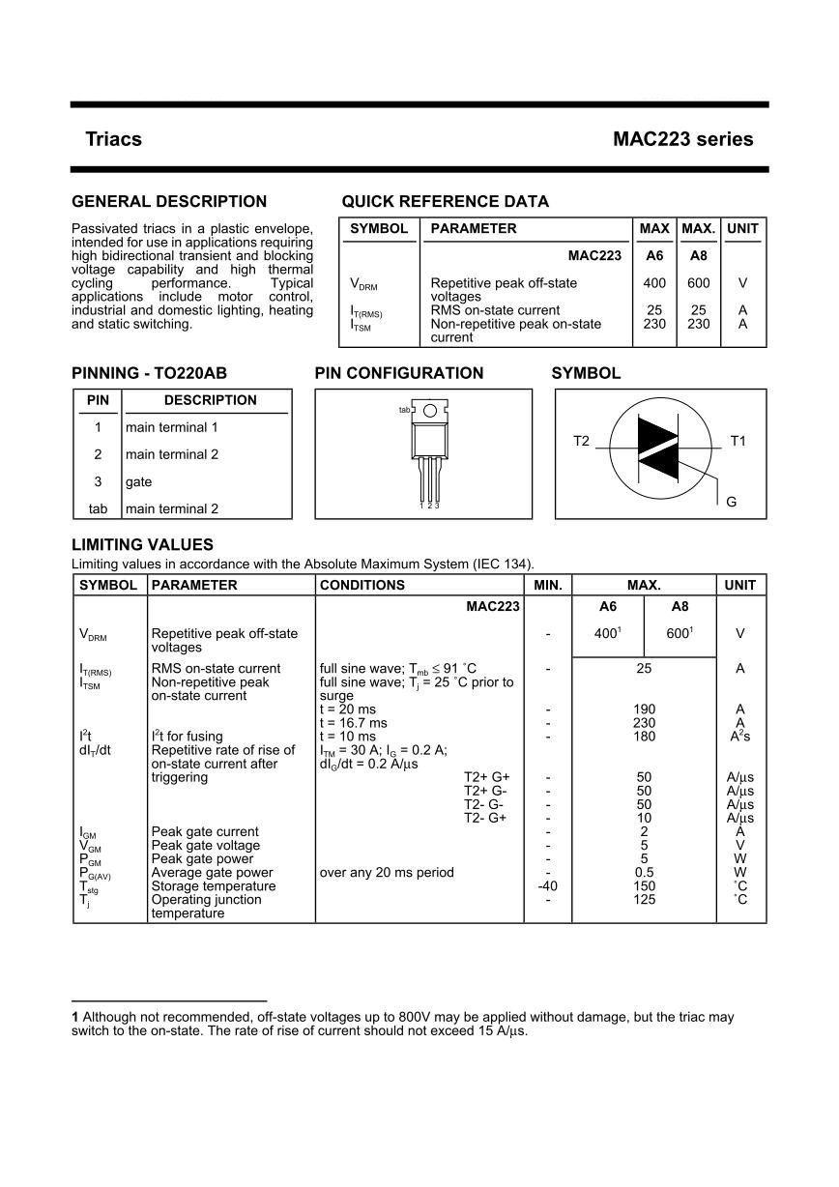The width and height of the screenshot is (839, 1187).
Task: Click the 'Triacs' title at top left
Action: tap(113, 139)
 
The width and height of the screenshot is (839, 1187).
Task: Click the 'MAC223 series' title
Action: tap(682, 139)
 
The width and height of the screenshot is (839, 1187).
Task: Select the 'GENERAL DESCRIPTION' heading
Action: tap(169, 202)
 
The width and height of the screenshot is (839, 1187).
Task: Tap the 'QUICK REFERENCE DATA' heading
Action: tap(445, 202)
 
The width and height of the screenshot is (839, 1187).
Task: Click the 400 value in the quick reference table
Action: tap(654, 283)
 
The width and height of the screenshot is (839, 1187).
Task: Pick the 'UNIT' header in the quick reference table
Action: tap(742, 229)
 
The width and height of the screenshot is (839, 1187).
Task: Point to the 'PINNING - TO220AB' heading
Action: tap(149, 373)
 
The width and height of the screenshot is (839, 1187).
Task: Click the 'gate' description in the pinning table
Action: tap(138, 481)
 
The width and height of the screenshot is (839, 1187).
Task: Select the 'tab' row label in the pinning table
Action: tap(98, 508)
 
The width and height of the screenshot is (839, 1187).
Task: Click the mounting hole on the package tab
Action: tap(430, 411)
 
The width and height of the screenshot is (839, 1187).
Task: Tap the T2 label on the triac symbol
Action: tap(581, 441)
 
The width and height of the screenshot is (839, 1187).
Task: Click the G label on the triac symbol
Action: tap(731, 502)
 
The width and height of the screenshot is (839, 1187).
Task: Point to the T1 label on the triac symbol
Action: tap(738, 441)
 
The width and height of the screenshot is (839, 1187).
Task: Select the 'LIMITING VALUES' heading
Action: tap(142, 545)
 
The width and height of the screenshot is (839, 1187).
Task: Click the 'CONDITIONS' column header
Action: tap(362, 585)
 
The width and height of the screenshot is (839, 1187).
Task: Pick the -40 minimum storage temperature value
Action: tap(547, 885)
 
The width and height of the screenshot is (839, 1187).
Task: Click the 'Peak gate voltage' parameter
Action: tap(206, 845)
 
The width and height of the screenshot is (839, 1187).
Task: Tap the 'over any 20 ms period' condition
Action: tap(386, 872)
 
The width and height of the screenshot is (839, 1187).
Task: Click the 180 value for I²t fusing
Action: tap(644, 737)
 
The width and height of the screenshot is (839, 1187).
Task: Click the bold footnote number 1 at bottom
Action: tap(75, 1017)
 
